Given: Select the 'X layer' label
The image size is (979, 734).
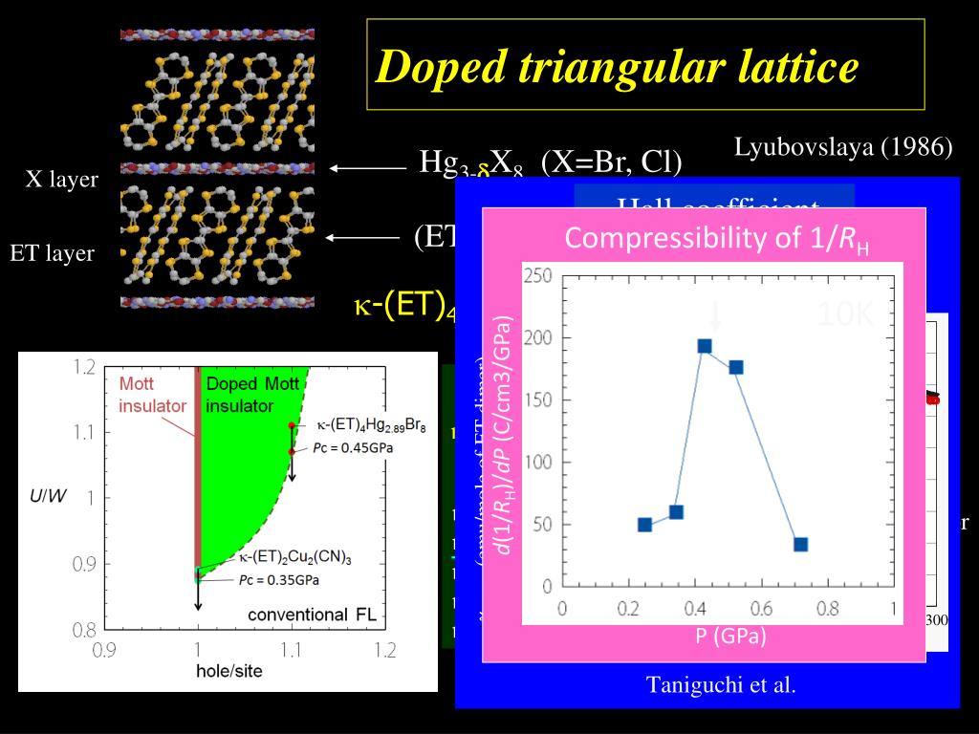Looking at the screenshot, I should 61,180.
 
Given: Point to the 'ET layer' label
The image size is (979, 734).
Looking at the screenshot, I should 53,253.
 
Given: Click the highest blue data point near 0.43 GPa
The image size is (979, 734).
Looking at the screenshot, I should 705,346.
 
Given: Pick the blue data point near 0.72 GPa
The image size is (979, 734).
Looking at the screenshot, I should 800,545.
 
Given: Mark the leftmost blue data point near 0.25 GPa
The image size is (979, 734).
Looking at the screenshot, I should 644,525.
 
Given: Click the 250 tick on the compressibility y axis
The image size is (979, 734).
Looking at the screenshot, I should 538,276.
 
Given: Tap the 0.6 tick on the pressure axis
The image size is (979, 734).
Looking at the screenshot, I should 761,608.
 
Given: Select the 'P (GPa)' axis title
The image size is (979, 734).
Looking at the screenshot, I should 730,637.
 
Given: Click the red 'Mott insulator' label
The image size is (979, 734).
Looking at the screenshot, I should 153,395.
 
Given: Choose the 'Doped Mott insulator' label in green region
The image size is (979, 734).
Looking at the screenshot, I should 244,394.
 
